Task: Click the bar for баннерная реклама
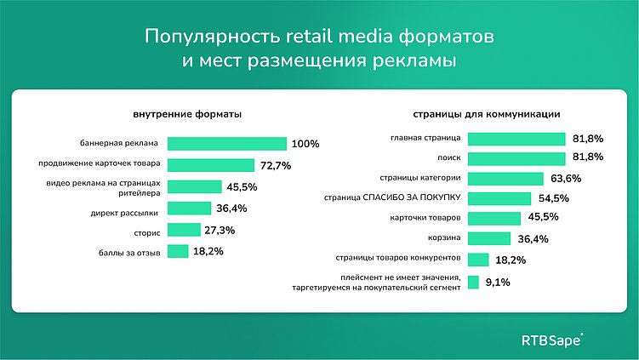[x=227, y=144]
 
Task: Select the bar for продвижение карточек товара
[x=211, y=165]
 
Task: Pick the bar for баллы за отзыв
[x=178, y=251]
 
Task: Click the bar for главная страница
[x=516, y=139]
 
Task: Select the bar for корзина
[x=489, y=238]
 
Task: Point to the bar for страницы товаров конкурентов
[x=478, y=260]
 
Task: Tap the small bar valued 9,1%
[x=472, y=283]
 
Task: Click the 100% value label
[x=305, y=144]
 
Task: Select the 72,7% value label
[x=276, y=165]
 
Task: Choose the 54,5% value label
[x=553, y=198]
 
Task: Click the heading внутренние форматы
[x=186, y=114]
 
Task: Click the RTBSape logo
[x=552, y=340]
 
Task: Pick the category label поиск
[x=449, y=157]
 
